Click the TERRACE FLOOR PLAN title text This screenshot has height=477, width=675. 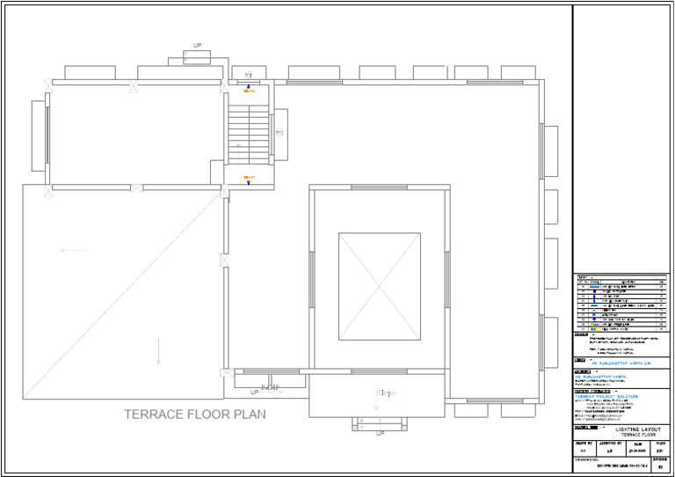point(194,414)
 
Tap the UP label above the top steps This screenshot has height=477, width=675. point(197,45)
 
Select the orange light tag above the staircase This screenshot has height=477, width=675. point(250,92)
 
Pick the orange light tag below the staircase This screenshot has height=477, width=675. point(250,178)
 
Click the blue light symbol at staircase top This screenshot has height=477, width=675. point(249,85)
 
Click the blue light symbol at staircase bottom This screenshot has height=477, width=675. point(249,184)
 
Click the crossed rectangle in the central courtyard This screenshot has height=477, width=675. point(380,286)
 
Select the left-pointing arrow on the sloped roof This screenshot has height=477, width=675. point(74,250)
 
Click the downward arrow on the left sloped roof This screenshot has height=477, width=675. point(158,351)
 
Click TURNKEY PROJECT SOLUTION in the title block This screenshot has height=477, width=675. point(606,396)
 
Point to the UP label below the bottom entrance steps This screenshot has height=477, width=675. point(380,433)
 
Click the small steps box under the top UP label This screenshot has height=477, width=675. point(197,57)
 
